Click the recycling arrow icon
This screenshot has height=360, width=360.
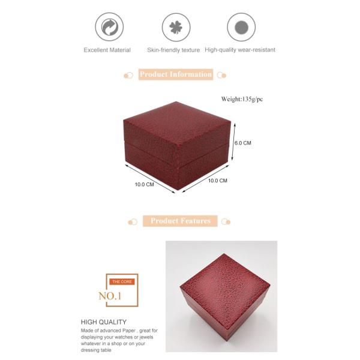[109, 27]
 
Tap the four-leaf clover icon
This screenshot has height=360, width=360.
[176, 27]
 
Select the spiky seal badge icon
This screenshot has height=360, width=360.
[241, 27]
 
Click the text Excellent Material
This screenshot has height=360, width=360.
[107, 50]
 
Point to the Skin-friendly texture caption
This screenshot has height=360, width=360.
[173, 50]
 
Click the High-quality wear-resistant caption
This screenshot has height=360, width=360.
[240, 50]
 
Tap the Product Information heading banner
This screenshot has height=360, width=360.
[176, 74]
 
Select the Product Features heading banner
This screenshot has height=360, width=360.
[180, 221]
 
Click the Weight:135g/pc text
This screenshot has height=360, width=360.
[242, 99]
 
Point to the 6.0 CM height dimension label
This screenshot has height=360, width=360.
[243, 143]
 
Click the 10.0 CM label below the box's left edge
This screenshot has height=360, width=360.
[145, 184]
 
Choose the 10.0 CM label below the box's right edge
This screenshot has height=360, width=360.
[218, 181]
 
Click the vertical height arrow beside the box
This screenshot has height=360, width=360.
[233, 142]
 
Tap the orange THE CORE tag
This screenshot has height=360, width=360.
[122, 282]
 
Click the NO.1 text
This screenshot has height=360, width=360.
[110, 296]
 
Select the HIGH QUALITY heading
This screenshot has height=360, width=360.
[104, 322]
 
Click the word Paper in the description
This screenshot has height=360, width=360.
[129, 331]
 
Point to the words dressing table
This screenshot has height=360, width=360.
[96, 350]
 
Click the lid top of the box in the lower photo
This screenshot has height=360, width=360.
[225, 286]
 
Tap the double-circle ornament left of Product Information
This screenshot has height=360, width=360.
[128, 76]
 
